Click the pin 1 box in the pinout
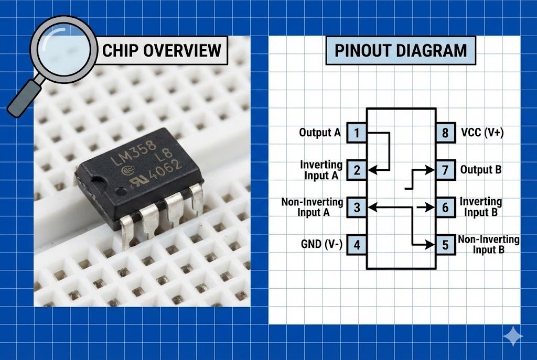(x=357, y=133)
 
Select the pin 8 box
(x=445, y=133)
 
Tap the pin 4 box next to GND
(x=357, y=245)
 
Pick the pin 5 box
(x=445, y=245)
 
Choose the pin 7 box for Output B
(x=445, y=170)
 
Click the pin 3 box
(x=357, y=208)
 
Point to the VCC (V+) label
(x=482, y=133)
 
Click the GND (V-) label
(x=321, y=245)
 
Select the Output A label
(x=319, y=133)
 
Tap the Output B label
(x=481, y=170)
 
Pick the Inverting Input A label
(x=321, y=170)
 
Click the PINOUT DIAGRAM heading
(x=400, y=50)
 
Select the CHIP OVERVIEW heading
(x=162, y=50)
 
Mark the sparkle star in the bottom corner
(x=512, y=336)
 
